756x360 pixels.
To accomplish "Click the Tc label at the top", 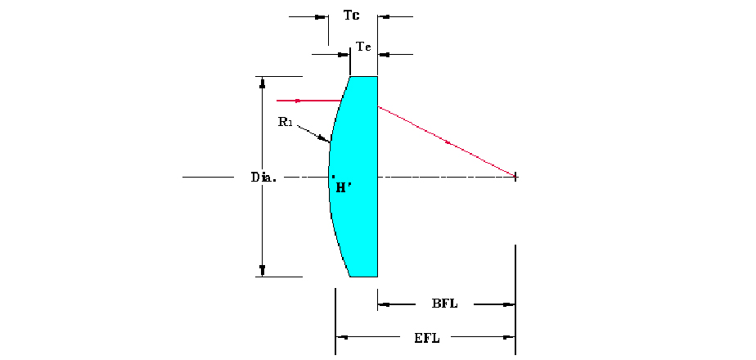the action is (351, 16).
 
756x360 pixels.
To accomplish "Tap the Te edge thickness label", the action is (363, 47).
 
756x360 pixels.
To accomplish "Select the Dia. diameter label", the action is (263, 177).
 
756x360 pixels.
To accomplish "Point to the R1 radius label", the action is (286, 121).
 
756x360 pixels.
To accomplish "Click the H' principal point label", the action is (341, 188).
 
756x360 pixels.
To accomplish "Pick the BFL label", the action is (444, 304).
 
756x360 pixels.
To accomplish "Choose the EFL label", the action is (427, 337).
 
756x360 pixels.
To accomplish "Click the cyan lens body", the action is (357, 177).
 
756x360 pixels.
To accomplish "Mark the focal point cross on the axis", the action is (515, 177).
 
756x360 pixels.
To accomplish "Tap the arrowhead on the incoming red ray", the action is (298, 101).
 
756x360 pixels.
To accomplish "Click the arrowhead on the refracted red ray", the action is (448, 142).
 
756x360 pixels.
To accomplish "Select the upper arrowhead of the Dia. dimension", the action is (263, 83).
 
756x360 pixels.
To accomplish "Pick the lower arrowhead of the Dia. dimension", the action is (263, 270).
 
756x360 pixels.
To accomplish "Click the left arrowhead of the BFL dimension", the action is (384, 304).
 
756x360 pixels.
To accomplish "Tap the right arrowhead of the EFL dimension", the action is (509, 337).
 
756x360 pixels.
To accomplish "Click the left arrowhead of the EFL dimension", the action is (342, 337).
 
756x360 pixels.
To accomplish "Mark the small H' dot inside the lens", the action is (333, 177).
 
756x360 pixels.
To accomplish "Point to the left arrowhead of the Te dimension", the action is (344, 55).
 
